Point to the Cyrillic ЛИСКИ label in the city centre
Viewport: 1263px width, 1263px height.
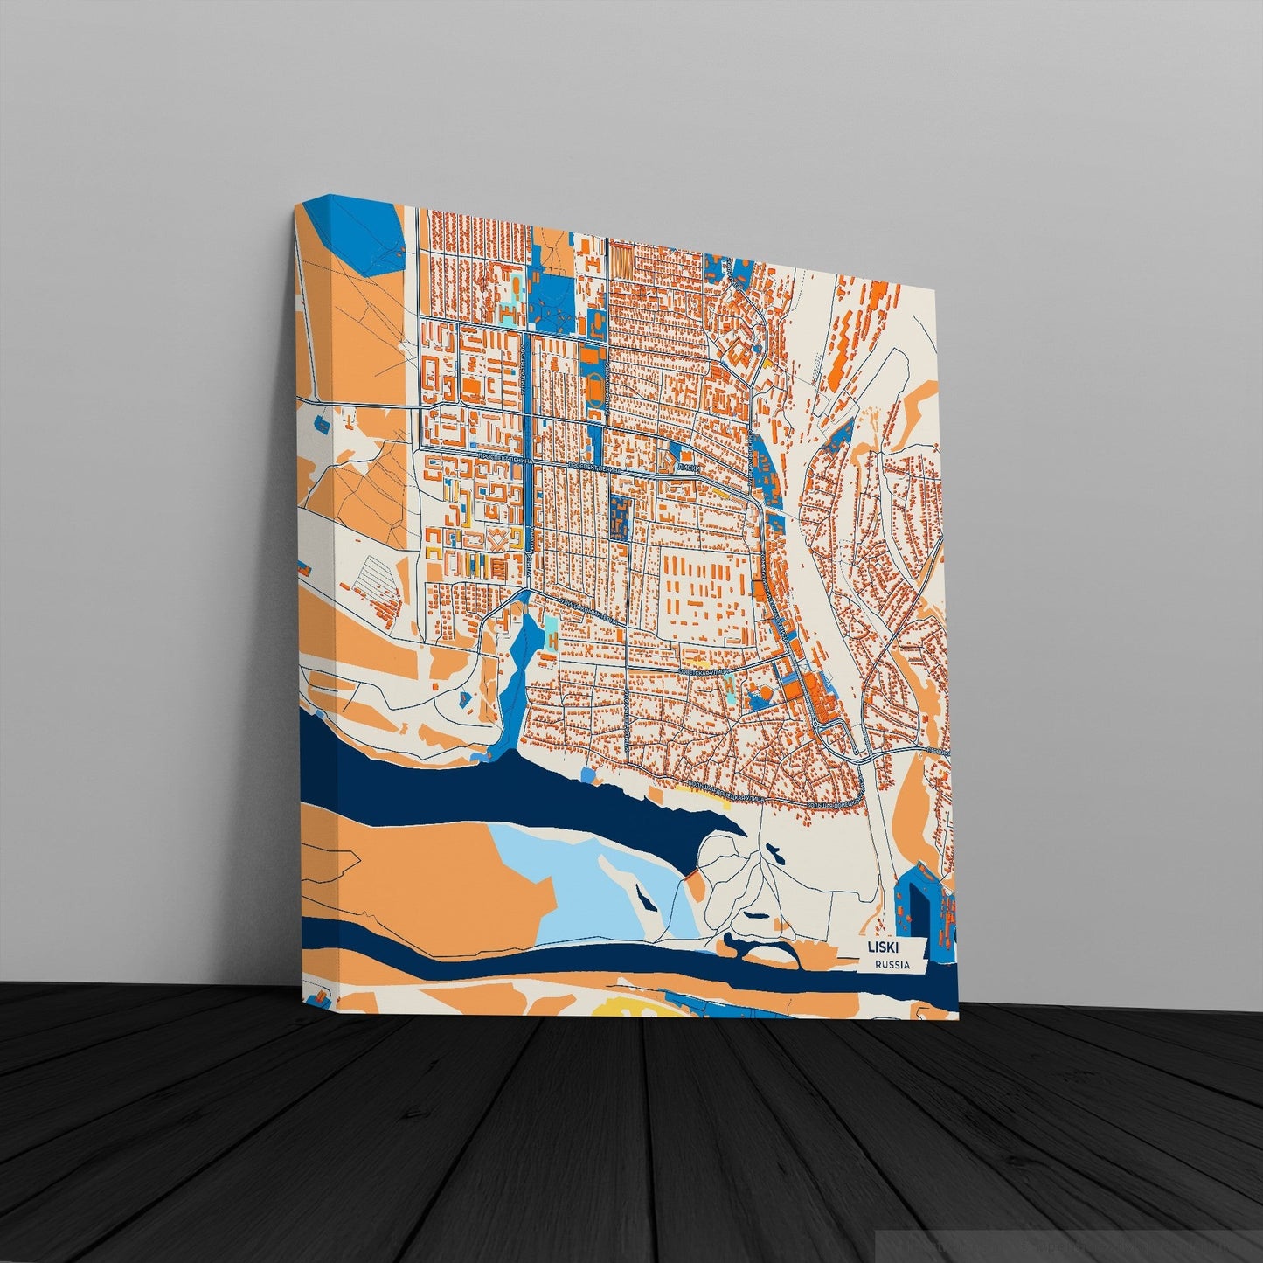688,468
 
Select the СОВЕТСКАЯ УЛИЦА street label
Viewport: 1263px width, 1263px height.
704,671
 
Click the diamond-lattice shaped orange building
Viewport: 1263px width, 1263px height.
498,539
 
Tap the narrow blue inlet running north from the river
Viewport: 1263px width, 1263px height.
516,673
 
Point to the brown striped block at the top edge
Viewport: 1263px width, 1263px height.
621,258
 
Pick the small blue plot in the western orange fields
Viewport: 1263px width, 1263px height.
321,424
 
